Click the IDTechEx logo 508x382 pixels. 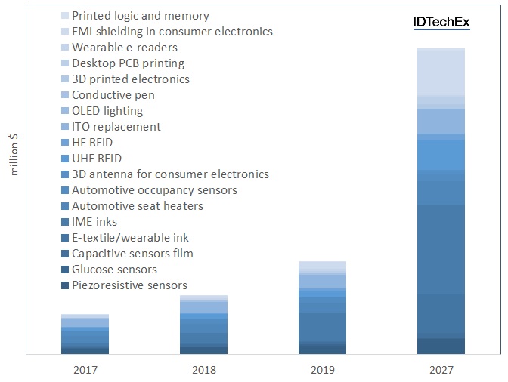click(x=441, y=22)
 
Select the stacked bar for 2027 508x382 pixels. click(x=441, y=201)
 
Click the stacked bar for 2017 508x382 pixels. click(x=85, y=334)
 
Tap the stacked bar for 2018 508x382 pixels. click(x=204, y=325)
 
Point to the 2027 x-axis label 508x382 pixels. click(x=441, y=370)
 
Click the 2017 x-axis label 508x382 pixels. click(x=85, y=370)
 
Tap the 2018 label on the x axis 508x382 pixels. click(x=204, y=370)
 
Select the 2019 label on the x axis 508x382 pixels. click(x=323, y=370)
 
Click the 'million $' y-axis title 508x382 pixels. click(x=14, y=154)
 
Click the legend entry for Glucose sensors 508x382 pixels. click(x=114, y=270)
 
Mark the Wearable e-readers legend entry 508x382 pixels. click(x=123, y=48)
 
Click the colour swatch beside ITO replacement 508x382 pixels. click(x=65, y=127)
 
